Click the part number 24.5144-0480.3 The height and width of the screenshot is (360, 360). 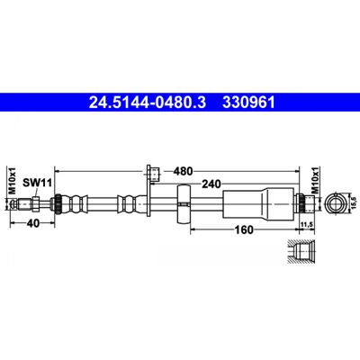(x=148, y=103)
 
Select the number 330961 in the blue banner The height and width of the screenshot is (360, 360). (x=248, y=103)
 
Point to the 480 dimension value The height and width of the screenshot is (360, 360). (x=183, y=171)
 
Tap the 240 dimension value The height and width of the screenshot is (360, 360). (x=211, y=184)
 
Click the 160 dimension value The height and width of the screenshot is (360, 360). (x=244, y=229)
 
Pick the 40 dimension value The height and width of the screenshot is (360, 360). (x=33, y=223)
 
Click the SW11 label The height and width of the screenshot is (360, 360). (x=38, y=183)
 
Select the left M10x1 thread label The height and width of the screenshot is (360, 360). (x=12, y=180)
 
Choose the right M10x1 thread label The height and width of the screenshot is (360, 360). (x=315, y=180)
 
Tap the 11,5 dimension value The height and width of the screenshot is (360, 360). (x=306, y=224)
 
